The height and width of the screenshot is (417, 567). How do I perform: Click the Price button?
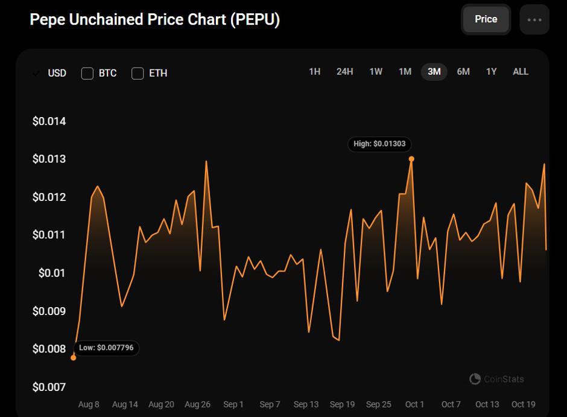(486, 19)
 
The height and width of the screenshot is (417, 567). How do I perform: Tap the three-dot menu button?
(534, 19)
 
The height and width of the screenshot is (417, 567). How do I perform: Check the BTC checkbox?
(87, 74)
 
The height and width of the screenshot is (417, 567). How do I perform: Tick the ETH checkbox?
(138, 74)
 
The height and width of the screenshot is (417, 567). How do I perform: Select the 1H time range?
(315, 72)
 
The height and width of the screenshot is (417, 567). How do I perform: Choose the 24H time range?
(344, 72)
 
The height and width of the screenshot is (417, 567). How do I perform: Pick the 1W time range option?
(376, 72)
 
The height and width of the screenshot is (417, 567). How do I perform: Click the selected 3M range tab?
(434, 72)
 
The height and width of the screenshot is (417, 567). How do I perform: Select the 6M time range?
(463, 72)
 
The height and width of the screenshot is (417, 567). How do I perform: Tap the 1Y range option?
(491, 72)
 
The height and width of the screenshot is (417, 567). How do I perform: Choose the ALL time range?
(521, 72)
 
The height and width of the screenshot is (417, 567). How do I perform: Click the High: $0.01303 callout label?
(379, 144)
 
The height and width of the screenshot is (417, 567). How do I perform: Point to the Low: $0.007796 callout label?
(106, 348)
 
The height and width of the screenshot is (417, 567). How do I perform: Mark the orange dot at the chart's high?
(411, 159)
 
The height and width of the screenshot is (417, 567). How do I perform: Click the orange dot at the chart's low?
(74, 358)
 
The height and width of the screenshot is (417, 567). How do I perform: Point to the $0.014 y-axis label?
(49, 121)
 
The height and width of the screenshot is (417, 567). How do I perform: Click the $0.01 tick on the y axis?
(52, 273)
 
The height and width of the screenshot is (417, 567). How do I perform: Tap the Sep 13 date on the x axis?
(306, 404)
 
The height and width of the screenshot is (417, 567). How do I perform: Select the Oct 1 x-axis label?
(414, 404)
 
